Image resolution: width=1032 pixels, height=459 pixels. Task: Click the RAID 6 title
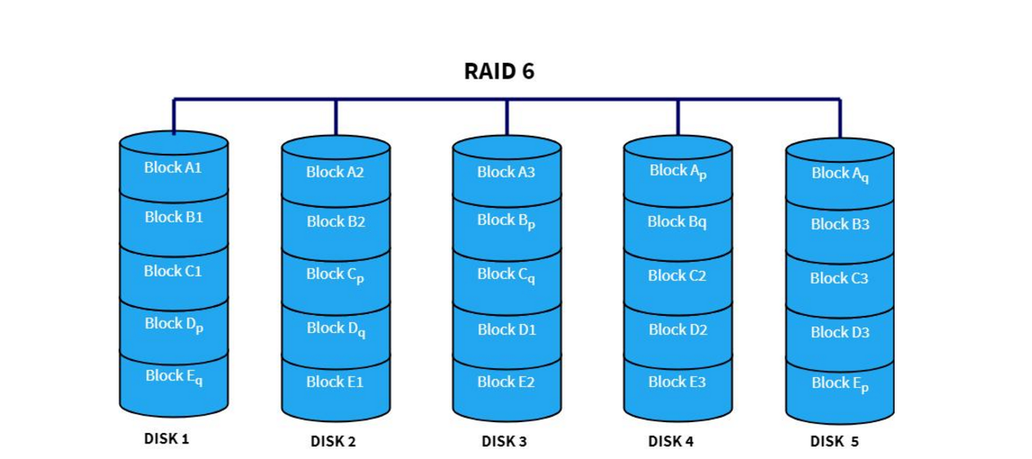499,71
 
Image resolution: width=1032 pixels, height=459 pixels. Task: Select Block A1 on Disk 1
173,168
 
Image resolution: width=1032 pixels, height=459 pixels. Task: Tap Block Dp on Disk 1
173,324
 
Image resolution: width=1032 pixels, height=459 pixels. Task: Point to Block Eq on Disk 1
173,376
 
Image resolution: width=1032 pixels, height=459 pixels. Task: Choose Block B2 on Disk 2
335,222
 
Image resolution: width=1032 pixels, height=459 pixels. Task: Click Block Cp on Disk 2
335,275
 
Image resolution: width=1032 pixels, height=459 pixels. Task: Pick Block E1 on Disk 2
335,381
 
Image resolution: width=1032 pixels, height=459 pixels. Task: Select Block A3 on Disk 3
506,173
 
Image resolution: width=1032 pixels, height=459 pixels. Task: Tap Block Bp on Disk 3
506,221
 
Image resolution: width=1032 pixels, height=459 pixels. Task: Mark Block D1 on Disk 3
506,330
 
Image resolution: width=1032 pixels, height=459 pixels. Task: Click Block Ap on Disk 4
677,171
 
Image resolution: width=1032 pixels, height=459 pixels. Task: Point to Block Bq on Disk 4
677,222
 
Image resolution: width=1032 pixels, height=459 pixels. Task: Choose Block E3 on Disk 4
677,381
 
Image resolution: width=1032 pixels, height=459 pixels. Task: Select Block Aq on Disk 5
840,173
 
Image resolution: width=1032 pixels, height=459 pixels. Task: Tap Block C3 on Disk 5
840,279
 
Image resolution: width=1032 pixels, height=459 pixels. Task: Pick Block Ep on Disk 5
840,384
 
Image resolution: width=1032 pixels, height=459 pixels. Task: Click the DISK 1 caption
166,439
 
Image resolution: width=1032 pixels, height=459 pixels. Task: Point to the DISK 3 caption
504,442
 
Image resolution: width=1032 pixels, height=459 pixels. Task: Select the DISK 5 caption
834,442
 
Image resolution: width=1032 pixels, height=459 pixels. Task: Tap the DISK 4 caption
671,442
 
